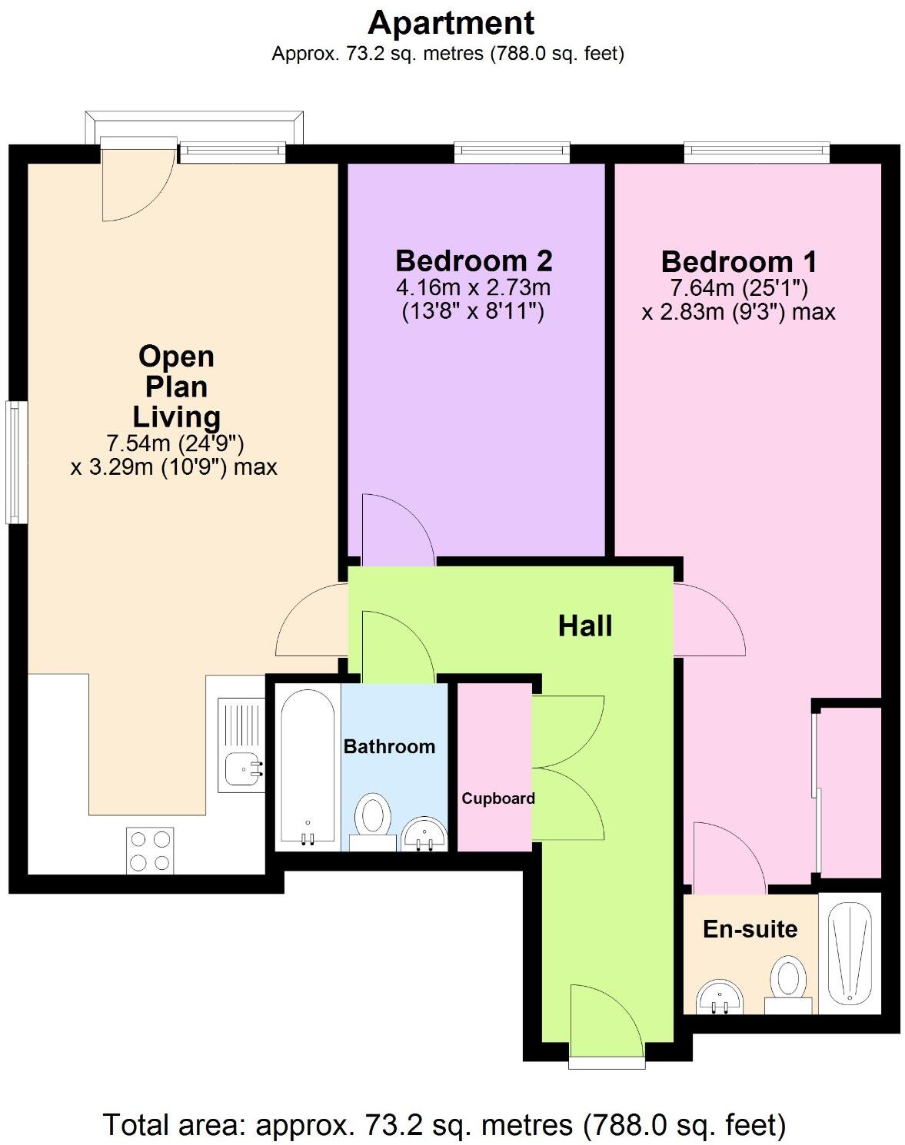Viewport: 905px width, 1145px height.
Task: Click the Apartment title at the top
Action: click(451, 23)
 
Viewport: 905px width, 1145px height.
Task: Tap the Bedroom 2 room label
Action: click(474, 261)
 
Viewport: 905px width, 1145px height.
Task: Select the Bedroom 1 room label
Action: click(738, 262)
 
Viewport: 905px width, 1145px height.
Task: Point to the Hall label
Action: click(585, 626)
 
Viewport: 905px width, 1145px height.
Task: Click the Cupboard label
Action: click(497, 798)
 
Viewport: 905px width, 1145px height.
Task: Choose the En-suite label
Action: click(750, 929)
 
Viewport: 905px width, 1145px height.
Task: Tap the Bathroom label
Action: click(389, 747)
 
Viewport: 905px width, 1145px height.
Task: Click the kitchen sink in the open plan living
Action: click(241, 765)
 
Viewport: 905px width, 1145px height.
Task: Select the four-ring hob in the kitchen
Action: click(150, 851)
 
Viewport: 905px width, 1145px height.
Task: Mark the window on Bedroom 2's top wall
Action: click(511, 152)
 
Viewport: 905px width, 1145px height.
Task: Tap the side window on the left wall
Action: click(15, 462)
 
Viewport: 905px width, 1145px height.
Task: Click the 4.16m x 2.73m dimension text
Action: click(474, 289)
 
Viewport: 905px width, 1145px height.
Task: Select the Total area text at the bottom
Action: click(444, 1125)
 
